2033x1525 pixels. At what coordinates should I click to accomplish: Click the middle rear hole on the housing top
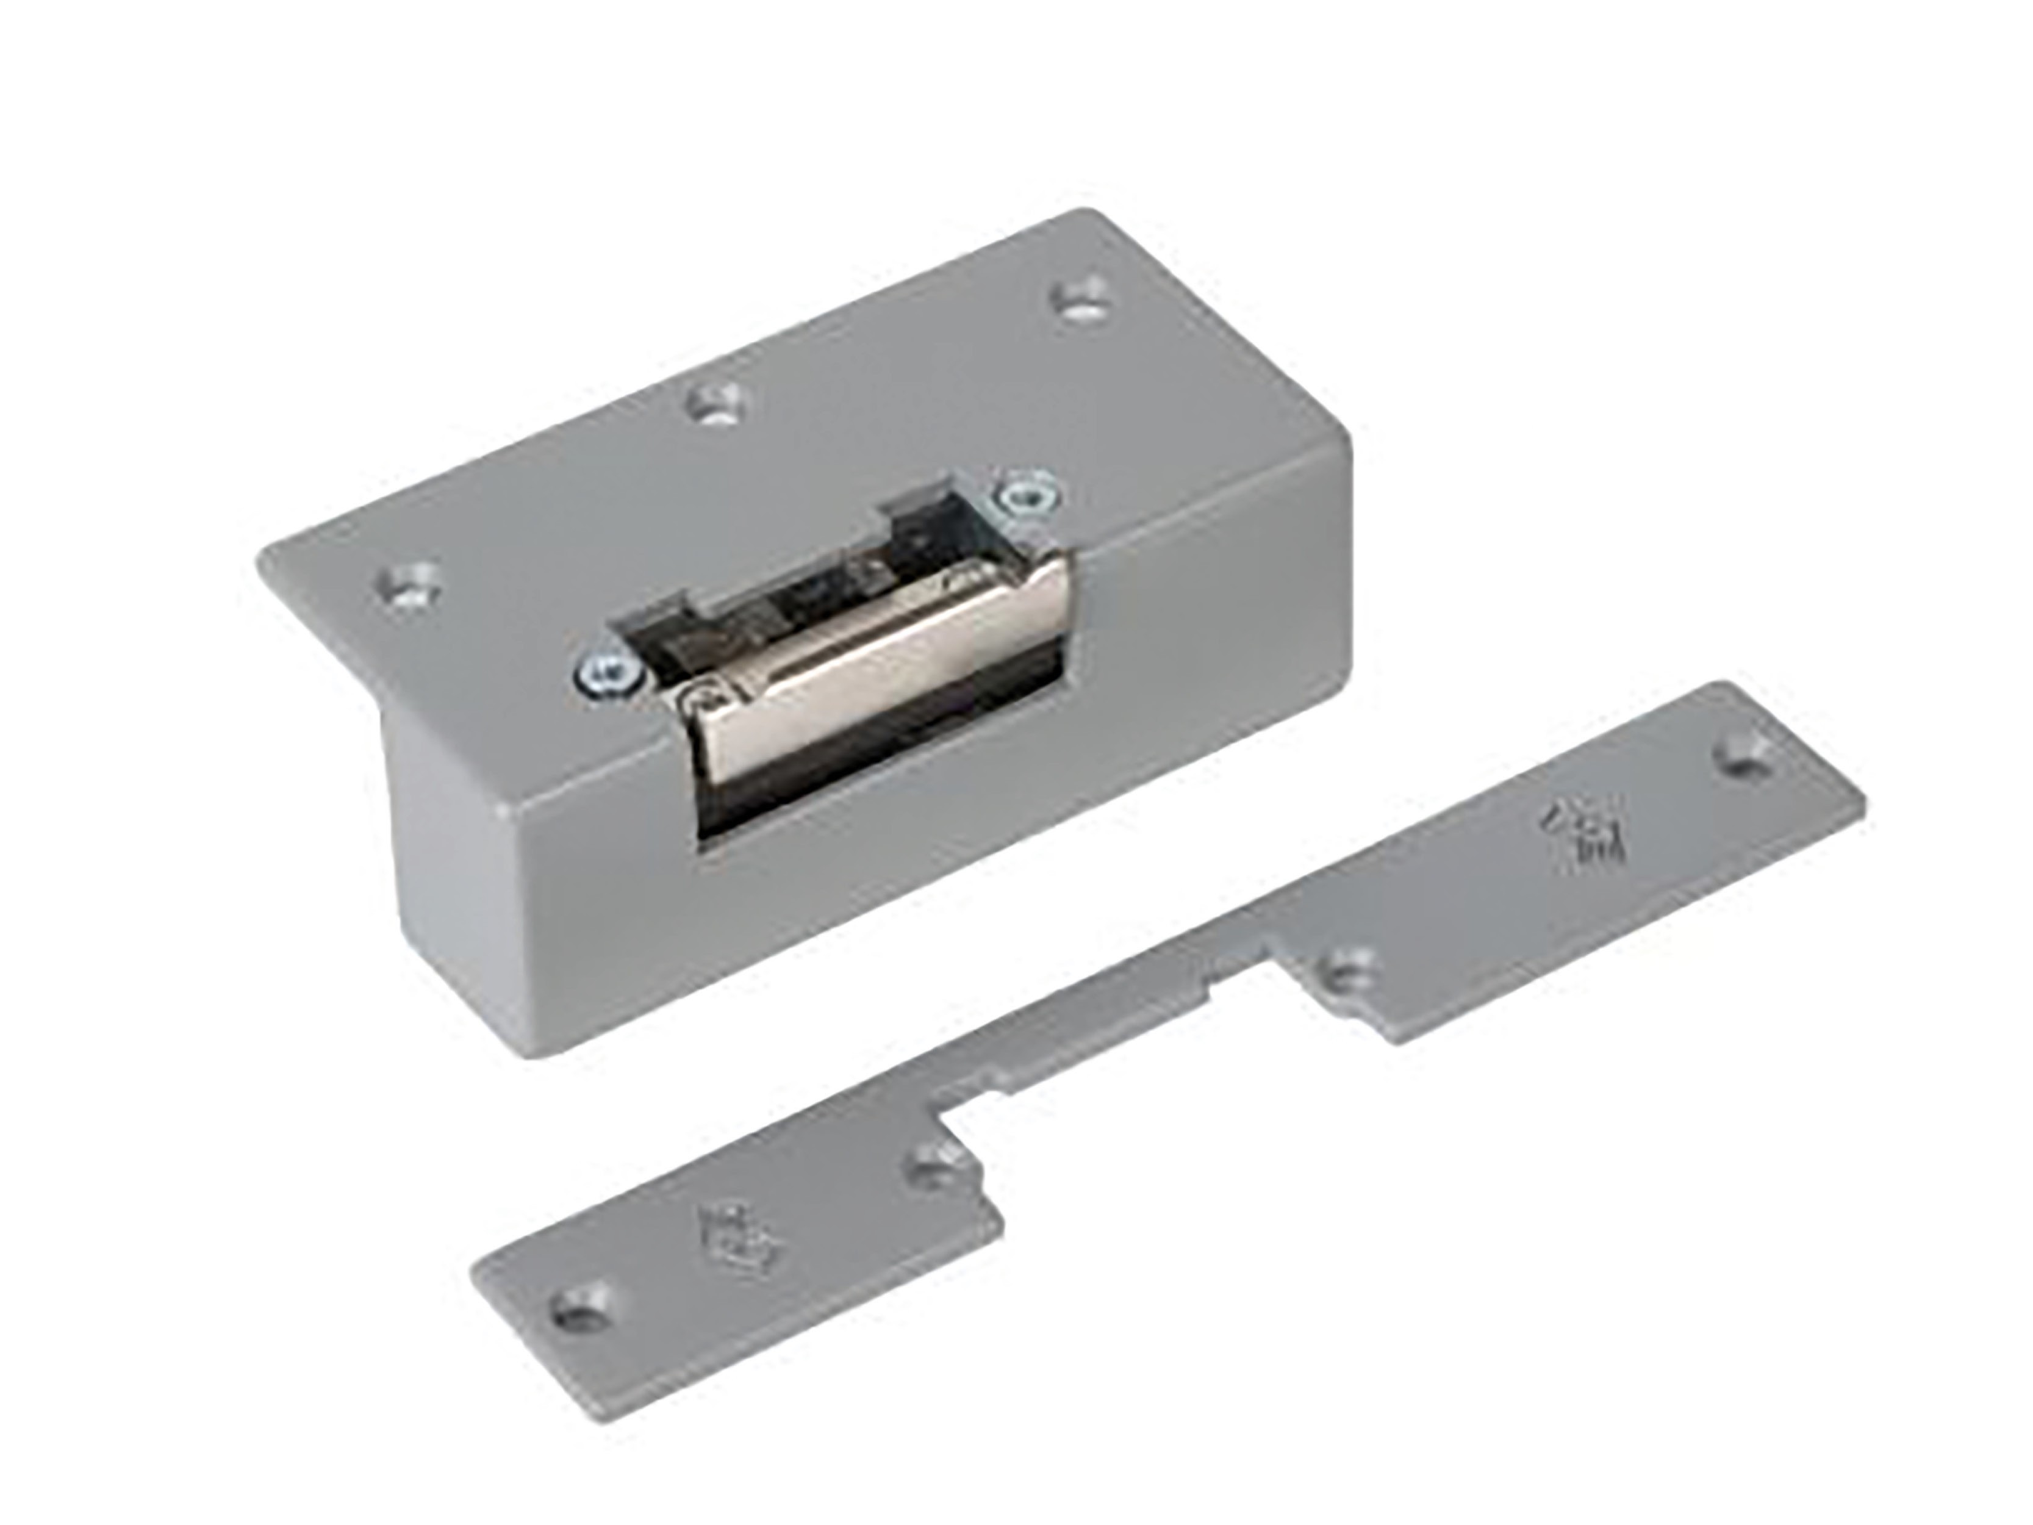720,403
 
